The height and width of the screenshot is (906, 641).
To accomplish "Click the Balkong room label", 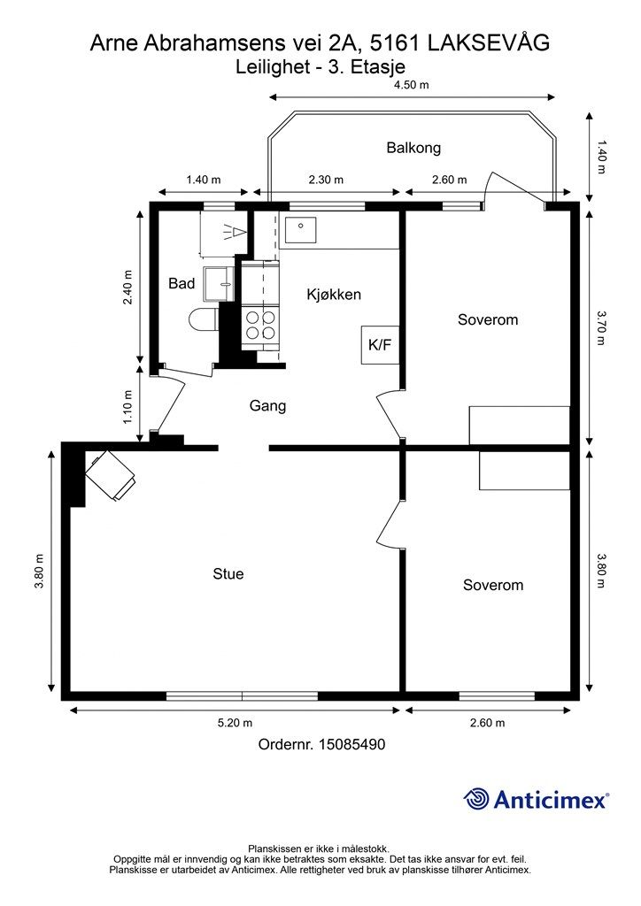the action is [413, 148].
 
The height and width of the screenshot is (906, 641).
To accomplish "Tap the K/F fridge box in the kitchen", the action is [380, 345].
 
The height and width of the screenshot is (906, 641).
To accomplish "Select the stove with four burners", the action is [260, 326].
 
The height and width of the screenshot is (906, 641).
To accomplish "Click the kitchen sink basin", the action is [300, 231].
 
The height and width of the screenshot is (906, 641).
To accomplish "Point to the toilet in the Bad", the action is [204, 319].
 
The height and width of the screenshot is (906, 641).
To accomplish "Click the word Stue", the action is [228, 573].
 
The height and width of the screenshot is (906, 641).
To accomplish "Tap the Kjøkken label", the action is [334, 295].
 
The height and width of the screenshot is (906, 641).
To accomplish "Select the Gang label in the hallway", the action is [267, 405].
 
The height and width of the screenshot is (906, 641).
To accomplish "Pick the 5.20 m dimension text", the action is [234, 723].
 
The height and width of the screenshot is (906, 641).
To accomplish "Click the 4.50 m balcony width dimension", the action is [412, 85].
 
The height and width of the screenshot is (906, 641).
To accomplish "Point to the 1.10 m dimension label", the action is [128, 407].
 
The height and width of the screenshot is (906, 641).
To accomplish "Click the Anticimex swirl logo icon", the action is [475, 799].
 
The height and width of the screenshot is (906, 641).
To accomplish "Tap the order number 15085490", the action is [352, 744].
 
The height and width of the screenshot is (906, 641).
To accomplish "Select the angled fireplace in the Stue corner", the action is [111, 475].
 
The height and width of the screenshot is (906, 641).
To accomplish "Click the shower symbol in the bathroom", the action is [235, 232].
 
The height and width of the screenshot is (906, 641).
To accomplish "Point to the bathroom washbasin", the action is [219, 284].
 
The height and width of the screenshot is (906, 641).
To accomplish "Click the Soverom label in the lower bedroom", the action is [493, 585].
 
